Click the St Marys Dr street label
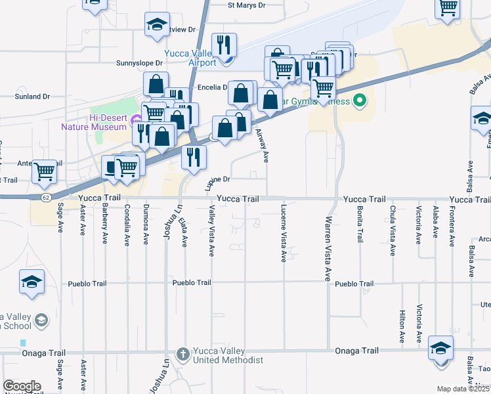(246, 5)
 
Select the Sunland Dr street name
(33, 97)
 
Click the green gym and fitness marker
(358, 101)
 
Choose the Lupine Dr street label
(218, 179)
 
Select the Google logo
(22, 386)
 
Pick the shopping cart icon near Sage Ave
(45, 171)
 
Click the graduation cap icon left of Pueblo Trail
(32, 282)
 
